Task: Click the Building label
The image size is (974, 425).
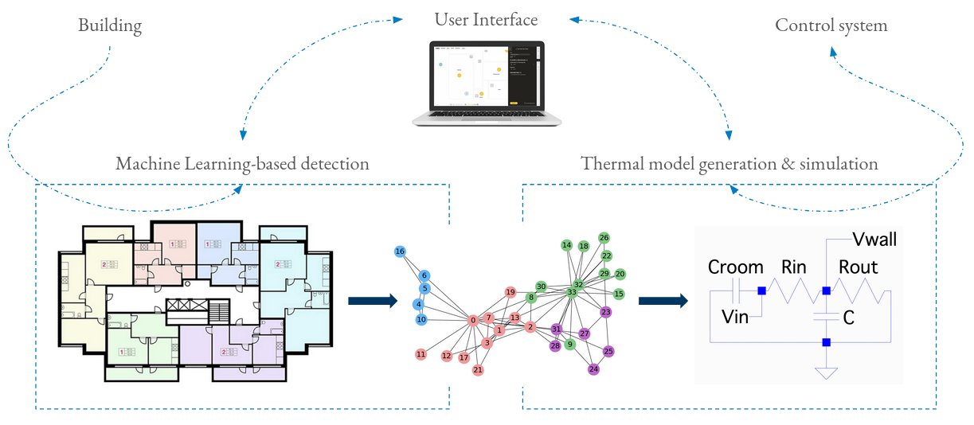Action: (110, 25)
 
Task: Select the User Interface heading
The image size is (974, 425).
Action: (486, 19)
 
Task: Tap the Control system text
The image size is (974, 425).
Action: (831, 25)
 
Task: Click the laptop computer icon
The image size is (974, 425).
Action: (487, 83)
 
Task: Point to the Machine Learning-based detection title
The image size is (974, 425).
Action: (242, 164)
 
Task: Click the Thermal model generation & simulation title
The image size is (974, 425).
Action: (730, 164)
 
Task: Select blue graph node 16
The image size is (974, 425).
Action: (400, 251)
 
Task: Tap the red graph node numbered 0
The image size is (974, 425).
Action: (473, 320)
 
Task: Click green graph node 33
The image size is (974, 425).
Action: (572, 293)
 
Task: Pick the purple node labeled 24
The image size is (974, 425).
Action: (593, 369)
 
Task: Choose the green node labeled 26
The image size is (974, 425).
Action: (604, 238)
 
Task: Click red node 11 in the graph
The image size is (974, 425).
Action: (421, 354)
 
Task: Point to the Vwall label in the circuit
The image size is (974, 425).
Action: (874, 240)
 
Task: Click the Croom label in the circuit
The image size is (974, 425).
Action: (736, 268)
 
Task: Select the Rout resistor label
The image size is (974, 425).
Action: (858, 268)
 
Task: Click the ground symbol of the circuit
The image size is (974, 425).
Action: (827, 372)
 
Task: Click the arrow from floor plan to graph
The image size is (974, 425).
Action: (372, 301)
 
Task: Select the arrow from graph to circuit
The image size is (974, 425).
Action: (663, 301)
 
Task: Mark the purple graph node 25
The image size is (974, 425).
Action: (609, 351)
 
